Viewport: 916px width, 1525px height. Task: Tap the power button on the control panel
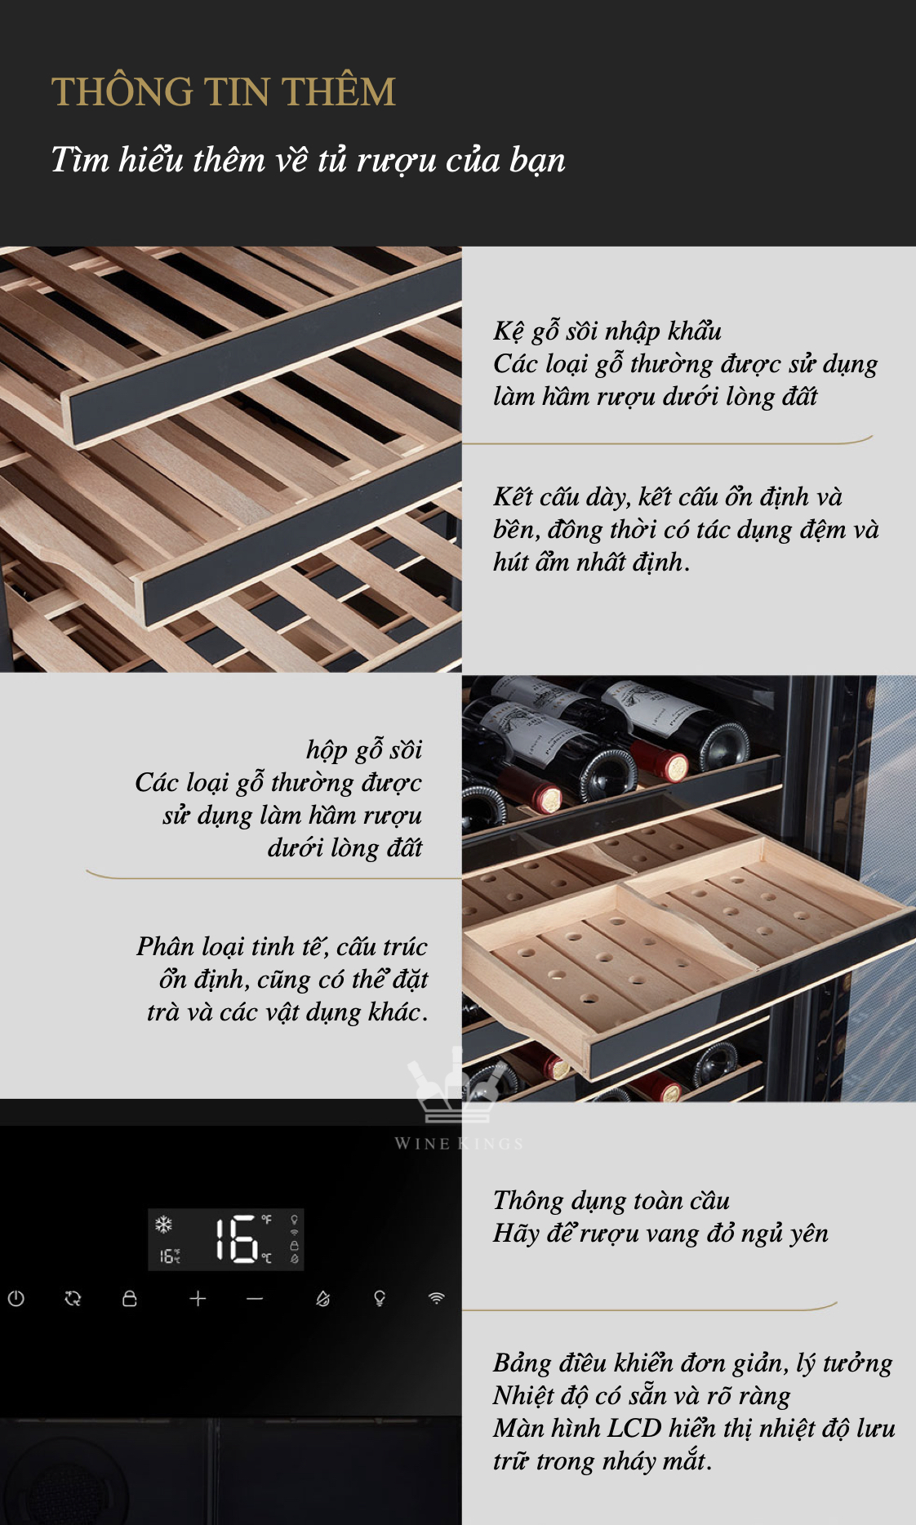16,1298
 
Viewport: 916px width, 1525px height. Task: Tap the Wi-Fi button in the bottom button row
437,1298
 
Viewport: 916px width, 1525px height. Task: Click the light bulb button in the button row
380,1298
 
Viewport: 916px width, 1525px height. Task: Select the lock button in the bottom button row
129,1298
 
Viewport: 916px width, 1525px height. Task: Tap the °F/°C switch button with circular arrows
73,1298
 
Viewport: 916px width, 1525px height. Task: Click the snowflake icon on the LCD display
164,1225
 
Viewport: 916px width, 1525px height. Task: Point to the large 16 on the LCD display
236,1239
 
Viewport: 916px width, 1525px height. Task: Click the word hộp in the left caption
327,750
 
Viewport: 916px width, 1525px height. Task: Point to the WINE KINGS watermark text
459,1144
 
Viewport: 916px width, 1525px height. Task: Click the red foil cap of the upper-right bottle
672,762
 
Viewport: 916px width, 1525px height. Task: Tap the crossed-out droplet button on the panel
323,1298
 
